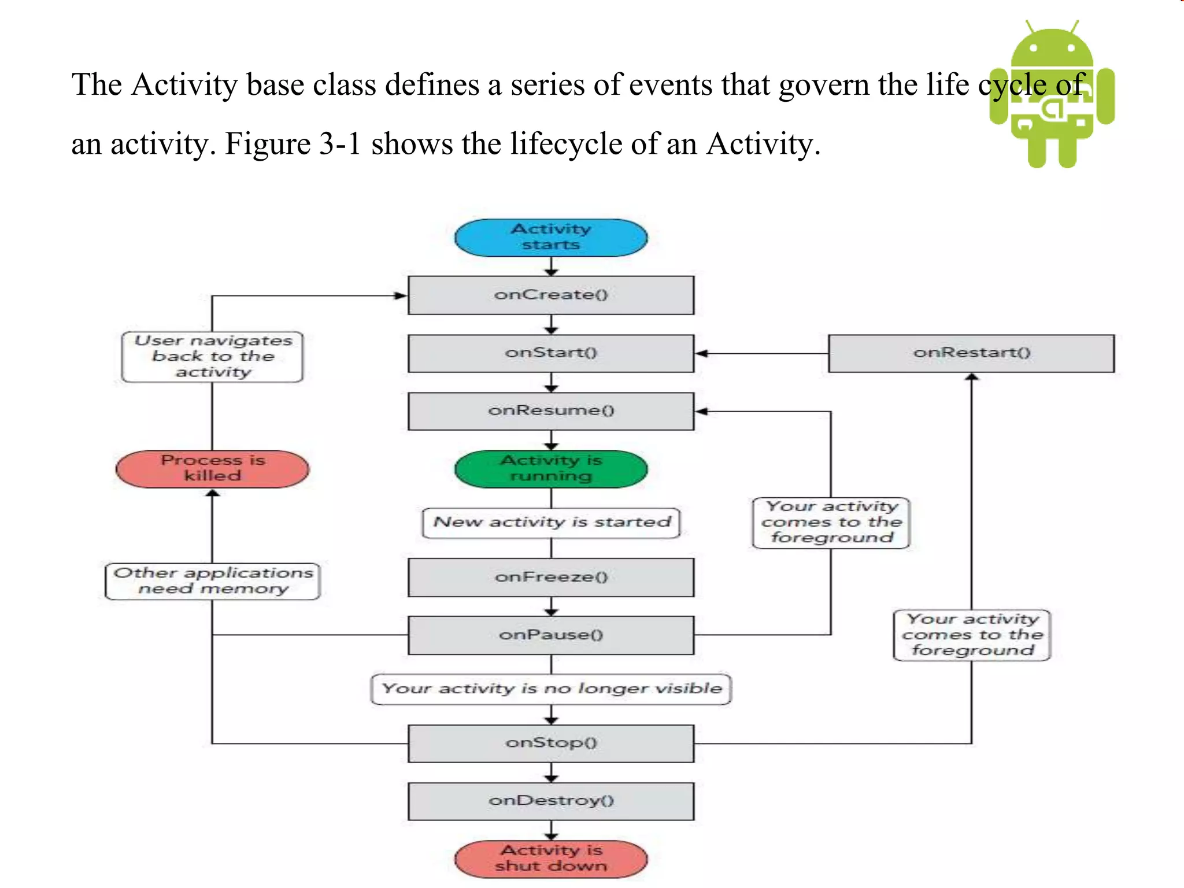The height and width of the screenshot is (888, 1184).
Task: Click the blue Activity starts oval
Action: (551, 238)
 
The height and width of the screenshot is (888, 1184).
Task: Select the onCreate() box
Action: (551, 295)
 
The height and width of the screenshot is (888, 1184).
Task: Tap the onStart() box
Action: (551, 353)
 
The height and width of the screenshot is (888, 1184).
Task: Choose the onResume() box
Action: (551, 411)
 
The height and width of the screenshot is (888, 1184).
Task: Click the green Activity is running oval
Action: (551, 469)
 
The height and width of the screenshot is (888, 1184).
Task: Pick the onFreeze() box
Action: (551, 577)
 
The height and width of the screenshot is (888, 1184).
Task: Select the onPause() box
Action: (551, 635)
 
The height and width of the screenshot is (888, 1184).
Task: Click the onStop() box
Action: (551, 743)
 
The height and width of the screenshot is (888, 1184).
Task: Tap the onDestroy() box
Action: (551, 801)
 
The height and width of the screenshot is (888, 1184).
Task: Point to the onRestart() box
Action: (971, 353)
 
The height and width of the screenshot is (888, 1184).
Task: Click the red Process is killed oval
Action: (212, 469)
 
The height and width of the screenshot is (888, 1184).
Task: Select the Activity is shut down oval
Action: (551, 859)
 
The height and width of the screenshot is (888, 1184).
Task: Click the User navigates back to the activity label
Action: (212, 357)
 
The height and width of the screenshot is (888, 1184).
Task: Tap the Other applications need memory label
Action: (212, 581)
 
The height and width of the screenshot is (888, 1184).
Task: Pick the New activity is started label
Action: (551, 523)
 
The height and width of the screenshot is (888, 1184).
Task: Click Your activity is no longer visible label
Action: (551, 689)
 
